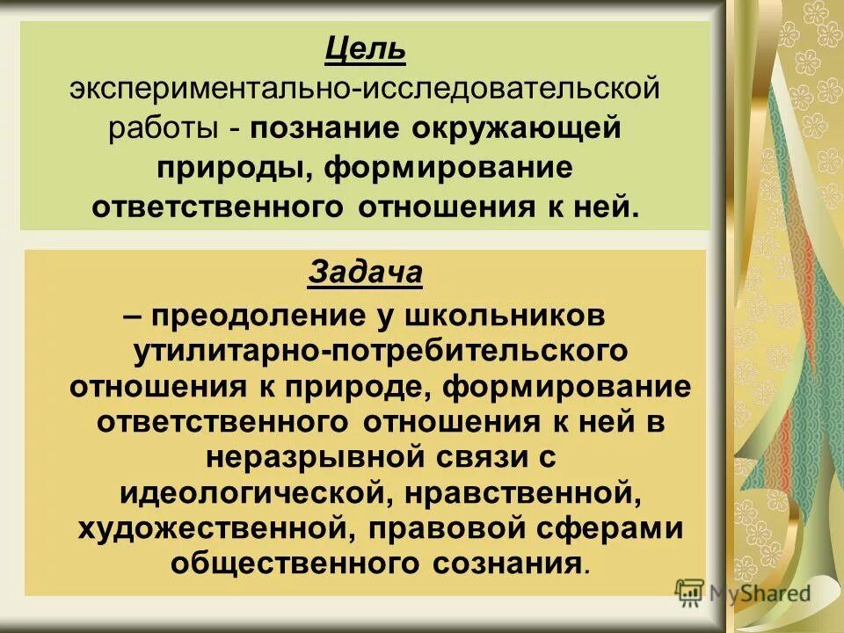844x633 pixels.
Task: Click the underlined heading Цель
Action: (x=365, y=49)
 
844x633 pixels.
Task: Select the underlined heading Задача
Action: (x=365, y=273)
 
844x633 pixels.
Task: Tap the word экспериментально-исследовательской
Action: (x=365, y=89)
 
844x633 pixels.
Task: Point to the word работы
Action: (x=164, y=128)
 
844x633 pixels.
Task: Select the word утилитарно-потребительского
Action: (x=380, y=350)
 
